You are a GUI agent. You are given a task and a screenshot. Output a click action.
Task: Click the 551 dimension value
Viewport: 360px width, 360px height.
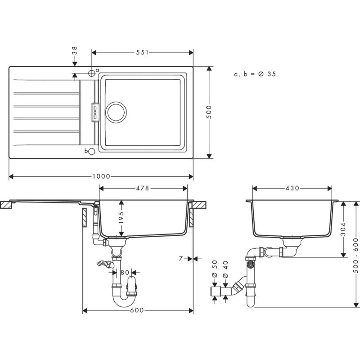point(142,53)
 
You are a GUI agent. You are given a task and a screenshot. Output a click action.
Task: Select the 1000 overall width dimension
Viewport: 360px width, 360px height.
point(102,176)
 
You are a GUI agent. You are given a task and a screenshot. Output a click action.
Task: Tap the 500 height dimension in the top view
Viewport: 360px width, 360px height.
point(209,111)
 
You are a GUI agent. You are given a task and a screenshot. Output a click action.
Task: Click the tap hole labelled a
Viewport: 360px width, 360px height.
point(92,72)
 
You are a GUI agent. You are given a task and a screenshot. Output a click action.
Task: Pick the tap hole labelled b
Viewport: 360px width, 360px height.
point(91,152)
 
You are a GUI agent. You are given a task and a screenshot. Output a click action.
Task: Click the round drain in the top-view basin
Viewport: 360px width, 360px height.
point(116,112)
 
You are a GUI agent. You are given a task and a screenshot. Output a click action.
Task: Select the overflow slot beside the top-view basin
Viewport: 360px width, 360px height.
point(95,112)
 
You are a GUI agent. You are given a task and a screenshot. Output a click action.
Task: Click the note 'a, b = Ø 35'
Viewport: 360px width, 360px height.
point(254,74)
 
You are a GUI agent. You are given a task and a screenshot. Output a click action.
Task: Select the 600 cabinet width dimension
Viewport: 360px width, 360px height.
point(138,310)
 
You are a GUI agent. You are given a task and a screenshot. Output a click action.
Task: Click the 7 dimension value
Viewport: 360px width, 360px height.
point(180,259)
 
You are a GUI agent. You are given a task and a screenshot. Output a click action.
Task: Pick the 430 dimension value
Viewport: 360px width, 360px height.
point(292,188)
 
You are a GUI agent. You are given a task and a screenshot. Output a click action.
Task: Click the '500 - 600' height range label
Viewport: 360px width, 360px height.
point(355,254)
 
